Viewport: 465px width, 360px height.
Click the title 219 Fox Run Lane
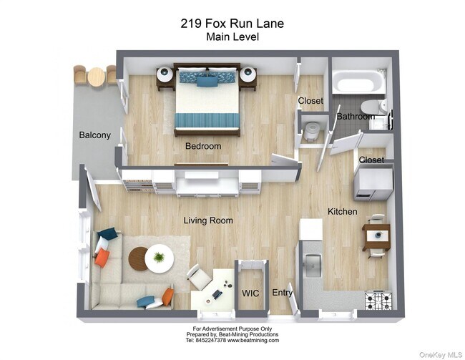[x=232, y=24]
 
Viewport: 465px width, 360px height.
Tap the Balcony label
[x=94, y=135]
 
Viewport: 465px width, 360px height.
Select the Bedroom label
[x=203, y=146]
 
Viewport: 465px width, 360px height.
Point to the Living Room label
[x=208, y=220]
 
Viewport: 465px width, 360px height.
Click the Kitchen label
[x=342, y=212]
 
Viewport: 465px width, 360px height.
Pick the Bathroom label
[x=356, y=116]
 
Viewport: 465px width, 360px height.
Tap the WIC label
[x=250, y=293]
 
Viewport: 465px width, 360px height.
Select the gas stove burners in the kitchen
[x=378, y=300]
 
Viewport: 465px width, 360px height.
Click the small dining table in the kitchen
[x=376, y=235]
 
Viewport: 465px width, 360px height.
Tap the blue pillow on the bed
[x=207, y=81]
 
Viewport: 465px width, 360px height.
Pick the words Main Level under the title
[x=232, y=37]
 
